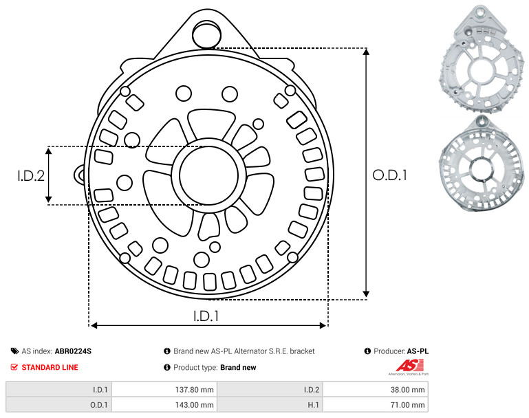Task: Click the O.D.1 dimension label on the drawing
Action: pos(389,175)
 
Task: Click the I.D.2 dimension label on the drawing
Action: pos(31,175)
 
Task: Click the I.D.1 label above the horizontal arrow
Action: pos(206,316)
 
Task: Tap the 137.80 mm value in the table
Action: pos(194,390)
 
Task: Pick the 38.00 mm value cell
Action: pos(407,390)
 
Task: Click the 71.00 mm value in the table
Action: pos(407,405)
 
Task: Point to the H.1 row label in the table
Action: pos(314,405)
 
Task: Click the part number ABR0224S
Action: pos(73,351)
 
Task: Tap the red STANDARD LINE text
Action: pos(50,367)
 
